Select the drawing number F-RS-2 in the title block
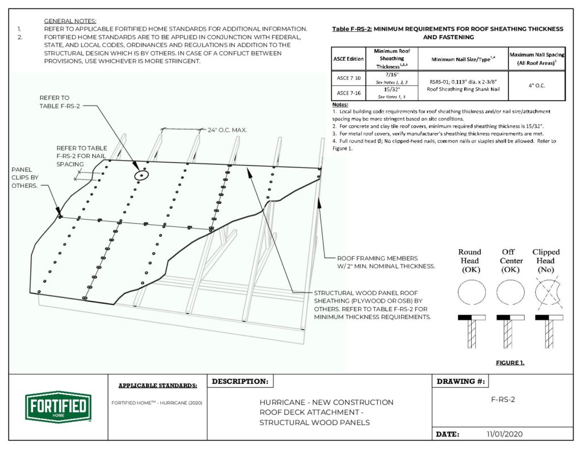tap(502, 399)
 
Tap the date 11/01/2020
tap(504, 434)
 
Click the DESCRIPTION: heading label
tap(239, 381)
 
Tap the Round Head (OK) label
tap(470, 261)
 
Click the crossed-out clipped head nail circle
tap(546, 293)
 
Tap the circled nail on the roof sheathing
tap(140, 175)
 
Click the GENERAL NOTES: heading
tap(70, 20)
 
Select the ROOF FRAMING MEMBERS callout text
tap(386, 262)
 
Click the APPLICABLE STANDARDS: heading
tap(157, 386)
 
